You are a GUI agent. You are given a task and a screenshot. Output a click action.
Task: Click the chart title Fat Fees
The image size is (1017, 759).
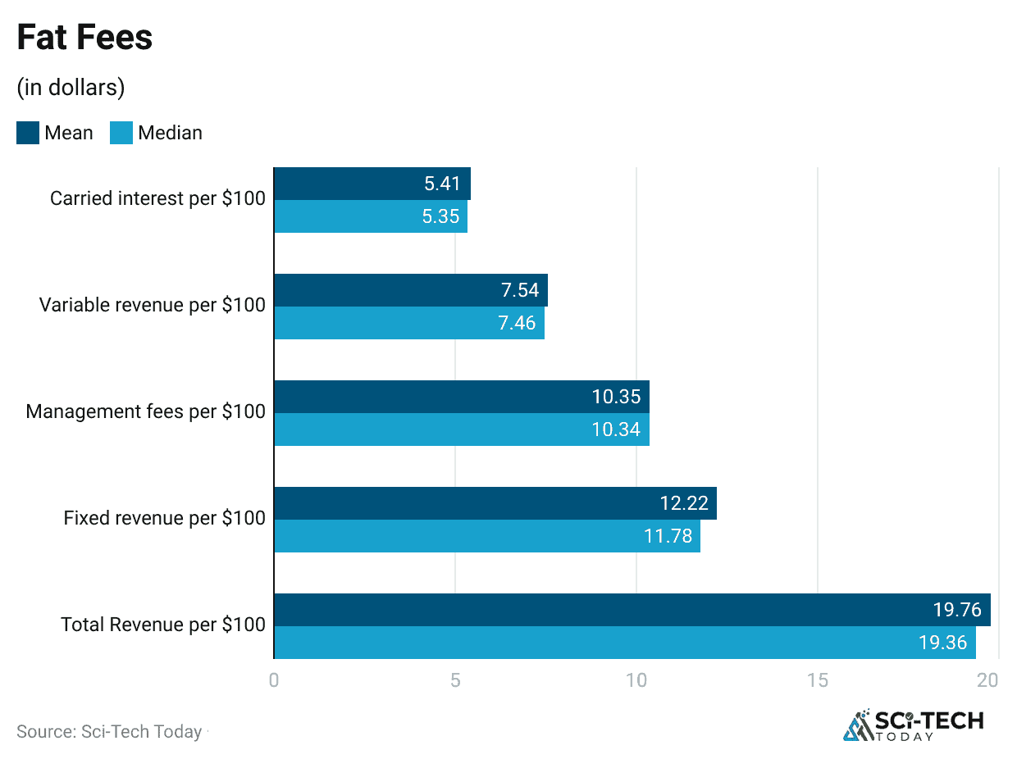click(x=84, y=39)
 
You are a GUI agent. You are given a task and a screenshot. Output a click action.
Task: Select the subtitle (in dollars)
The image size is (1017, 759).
click(x=71, y=87)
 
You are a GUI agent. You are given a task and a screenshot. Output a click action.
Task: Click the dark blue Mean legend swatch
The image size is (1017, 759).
click(x=28, y=133)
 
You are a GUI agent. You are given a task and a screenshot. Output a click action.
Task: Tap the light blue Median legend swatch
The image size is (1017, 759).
click(x=121, y=133)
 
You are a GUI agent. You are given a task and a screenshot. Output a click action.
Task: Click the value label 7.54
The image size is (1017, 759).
click(x=519, y=290)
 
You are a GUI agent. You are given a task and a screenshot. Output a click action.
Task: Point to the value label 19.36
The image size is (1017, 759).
click(x=943, y=643)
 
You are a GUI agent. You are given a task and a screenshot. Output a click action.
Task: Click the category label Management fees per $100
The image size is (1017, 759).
click(x=146, y=411)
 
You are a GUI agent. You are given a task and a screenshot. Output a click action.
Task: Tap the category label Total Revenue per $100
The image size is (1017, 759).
click(x=163, y=625)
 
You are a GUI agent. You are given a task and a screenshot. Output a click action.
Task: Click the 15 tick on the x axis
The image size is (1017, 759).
click(x=817, y=680)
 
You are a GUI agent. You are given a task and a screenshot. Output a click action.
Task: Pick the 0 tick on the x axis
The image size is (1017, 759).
click(x=274, y=680)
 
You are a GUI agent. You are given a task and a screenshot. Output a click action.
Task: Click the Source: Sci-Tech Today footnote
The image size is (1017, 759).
click(x=109, y=732)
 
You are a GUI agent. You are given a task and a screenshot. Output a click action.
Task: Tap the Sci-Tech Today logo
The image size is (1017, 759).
click(x=914, y=725)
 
